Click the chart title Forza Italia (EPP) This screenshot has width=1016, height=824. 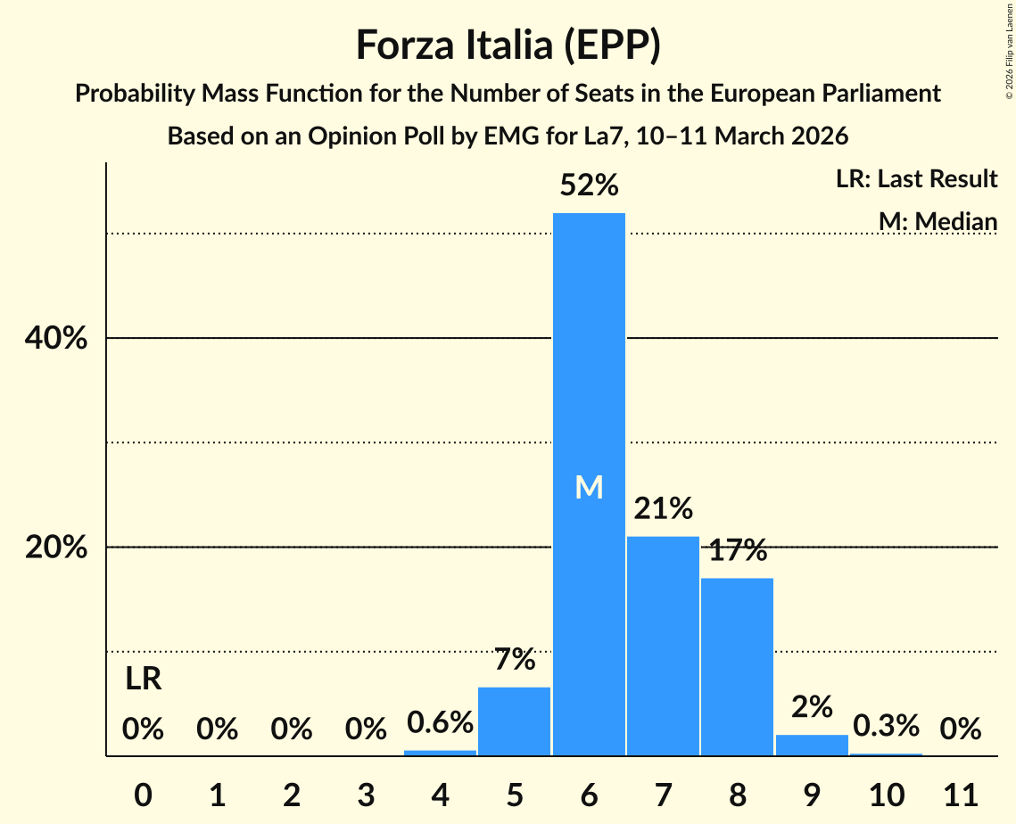(x=508, y=45)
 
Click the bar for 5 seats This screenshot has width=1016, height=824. (x=515, y=721)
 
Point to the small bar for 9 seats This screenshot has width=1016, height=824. (x=812, y=745)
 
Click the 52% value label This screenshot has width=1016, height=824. (x=589, y=185)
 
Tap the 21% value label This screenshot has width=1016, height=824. (x=663, y=509)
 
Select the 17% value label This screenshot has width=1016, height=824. (x=738, y=550)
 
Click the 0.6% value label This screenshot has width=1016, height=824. (x=440, y=721)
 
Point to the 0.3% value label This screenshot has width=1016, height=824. (x=886, y=726)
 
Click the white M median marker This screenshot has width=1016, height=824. (x=589, y=487)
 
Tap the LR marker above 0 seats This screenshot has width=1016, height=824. (x=143, y=680)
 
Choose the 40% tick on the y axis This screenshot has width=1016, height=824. (x=56, y=339)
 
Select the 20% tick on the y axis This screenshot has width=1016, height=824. (x=56, y=548)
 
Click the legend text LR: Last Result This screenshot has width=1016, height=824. (x=916, y=179)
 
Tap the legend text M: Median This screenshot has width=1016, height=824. (x=938, y=221)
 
